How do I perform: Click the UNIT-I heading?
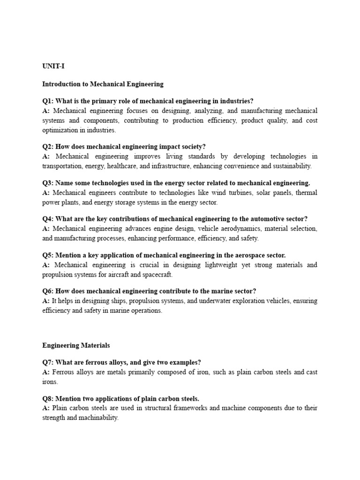point(53,67)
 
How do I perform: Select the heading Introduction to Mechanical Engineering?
point(103,84)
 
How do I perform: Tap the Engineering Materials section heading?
point(76,345)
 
